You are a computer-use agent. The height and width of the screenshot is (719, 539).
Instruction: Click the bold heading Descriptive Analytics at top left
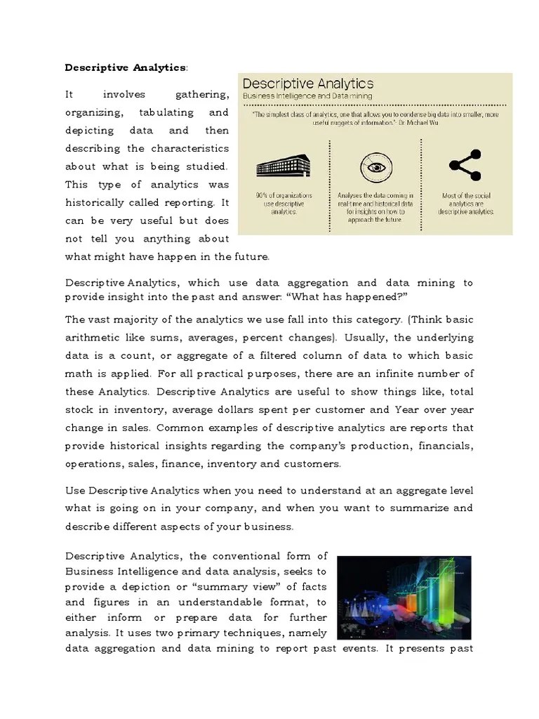pos(126,67)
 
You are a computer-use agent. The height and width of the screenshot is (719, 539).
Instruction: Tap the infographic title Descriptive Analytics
pos(307,84)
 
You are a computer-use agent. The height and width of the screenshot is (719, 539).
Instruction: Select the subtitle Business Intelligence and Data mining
pos(307,95)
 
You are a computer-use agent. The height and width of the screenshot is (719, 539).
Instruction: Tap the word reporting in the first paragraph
pos(193,202)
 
